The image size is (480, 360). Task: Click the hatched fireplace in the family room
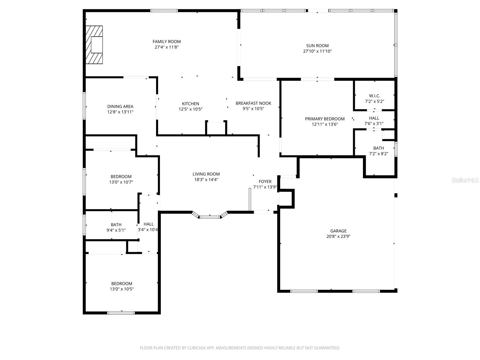coord(94,45)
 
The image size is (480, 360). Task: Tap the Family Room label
coord(166,41)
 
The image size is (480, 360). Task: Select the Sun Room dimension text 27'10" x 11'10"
coord(317,51)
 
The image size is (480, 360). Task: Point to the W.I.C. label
coord(374,96)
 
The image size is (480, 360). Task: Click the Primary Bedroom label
coord(325,119)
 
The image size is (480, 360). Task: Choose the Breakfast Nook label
coord(253,103)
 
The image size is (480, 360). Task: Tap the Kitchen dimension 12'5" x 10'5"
coord(190,109)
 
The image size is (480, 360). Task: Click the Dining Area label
coord(120,106)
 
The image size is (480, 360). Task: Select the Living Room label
coord(206,174)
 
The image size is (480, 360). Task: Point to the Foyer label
coord(265,181)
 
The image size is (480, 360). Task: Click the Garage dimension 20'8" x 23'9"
coord(338,236)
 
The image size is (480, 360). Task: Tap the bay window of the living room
coord(210,216)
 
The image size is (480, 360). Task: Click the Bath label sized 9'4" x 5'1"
coord(116,225)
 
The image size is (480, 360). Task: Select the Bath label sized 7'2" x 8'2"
coord(379,148)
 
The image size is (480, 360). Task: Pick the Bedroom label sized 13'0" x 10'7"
coord(121,177)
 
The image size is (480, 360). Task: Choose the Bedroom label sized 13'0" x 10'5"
coord(121,283)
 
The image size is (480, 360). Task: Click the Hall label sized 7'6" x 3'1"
coord(374,118)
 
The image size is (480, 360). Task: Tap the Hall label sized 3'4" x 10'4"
coord(148,224)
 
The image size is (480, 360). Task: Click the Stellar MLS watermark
coord(465,180)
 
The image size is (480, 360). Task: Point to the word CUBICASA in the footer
coord(196,348)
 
